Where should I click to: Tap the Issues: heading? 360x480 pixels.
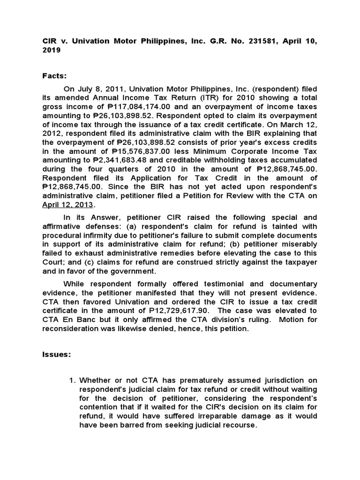[56, 355]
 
